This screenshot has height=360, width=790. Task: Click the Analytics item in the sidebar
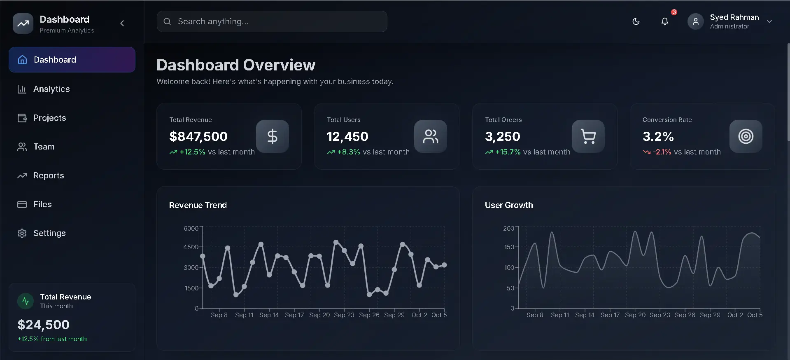coord(51,89)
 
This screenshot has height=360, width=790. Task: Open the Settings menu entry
coord(49,233)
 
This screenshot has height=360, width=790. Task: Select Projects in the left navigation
coord(49,118)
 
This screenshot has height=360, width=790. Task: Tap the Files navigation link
coord(42,204)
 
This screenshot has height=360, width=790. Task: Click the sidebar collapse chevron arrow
coord(122,23)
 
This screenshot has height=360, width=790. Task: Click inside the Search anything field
coord(272,21)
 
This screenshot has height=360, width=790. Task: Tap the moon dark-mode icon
coord(636,21)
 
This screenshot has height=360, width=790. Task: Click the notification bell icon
coord(664,21)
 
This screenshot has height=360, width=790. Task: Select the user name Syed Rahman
coord(734,17)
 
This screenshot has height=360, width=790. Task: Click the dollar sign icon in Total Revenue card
coord(272,136)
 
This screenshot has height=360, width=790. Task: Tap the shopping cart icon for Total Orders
coord(588,136)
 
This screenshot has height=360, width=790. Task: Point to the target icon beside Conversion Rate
coord(746,136)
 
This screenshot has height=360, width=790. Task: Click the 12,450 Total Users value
coord(347,136)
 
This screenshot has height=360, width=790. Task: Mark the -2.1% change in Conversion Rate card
coord(662,152)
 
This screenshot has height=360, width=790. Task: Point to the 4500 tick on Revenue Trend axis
coord(191,247)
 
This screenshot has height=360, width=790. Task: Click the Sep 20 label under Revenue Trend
coord(319,315)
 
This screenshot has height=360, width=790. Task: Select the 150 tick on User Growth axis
coord(509,247)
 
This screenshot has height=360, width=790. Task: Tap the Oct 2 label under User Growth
coord(735,315)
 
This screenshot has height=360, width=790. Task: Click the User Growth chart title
coord(508,205)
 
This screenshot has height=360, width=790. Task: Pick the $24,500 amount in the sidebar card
coord(43,325)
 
